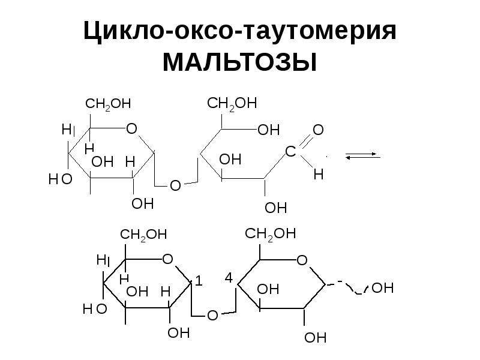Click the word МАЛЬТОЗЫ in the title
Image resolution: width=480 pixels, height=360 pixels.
(239, 62)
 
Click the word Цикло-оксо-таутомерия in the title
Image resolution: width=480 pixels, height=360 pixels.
(240, 31)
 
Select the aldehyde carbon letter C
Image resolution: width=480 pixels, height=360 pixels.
(290, 151)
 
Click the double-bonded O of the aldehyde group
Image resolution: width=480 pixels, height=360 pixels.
(318, 130)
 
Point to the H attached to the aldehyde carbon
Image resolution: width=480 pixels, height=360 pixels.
(319, 175)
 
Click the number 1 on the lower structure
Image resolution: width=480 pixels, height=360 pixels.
(199, 281)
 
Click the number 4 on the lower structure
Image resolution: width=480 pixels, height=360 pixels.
(229, 278)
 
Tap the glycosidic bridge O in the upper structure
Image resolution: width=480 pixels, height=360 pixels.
(175, 185)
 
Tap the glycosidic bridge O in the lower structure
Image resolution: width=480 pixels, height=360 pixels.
(212, 316)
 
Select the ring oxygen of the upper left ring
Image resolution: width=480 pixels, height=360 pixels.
(131, 128)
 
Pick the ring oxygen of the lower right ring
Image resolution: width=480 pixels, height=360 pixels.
(302, 260)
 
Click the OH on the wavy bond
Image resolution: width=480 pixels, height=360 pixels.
(382, 288)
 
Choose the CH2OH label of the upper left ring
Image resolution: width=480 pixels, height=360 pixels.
(108, 104)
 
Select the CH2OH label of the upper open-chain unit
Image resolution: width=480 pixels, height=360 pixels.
(232, 103)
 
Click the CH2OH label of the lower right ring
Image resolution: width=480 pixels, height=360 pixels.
(271, 234)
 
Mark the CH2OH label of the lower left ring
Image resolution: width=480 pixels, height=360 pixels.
(143, 235)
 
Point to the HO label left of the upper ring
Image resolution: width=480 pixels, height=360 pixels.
(61, 179)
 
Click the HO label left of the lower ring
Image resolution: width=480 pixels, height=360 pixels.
(95, 309)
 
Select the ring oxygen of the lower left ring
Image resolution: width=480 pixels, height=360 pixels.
(167, 259)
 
